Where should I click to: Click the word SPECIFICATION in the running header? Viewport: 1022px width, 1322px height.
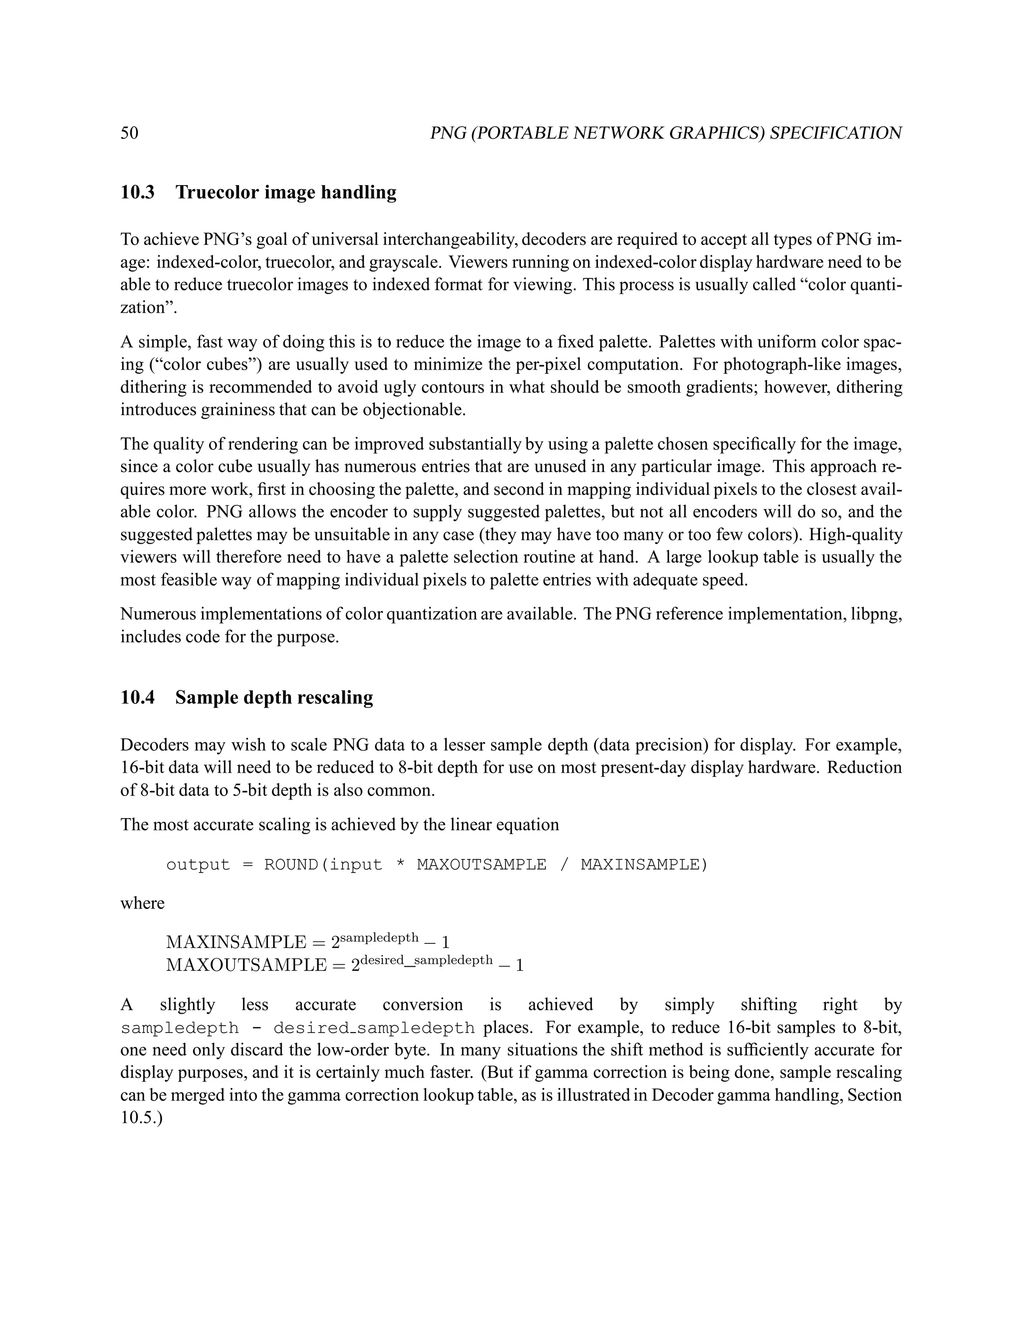point(835,133)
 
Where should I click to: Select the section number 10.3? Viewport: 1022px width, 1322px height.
point(137,193)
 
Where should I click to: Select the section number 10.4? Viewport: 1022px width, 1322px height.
point(137,697)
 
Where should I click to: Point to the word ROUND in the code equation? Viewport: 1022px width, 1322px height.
point(290,865)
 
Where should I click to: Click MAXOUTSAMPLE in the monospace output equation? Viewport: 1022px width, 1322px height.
point(482,865)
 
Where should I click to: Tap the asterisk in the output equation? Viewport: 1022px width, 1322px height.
point(400,866)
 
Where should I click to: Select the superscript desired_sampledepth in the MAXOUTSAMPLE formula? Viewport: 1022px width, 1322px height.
point(426,960)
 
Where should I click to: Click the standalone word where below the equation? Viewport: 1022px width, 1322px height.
point(142,903)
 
